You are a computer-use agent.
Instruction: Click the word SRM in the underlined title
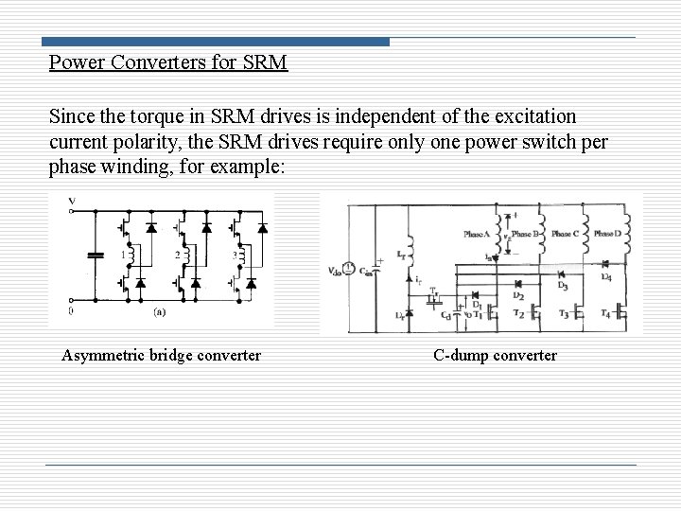[x=264, y=64]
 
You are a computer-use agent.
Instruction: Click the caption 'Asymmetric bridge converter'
[x=161, y=356]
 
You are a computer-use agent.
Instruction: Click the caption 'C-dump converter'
[x=495, y=356]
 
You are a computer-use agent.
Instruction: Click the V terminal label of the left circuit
[x=72, y=201]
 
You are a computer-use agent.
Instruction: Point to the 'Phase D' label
[x=620, y=234]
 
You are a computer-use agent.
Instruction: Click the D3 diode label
[x=562, y=285]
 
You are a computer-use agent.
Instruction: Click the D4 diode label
[x=606, y=278]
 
